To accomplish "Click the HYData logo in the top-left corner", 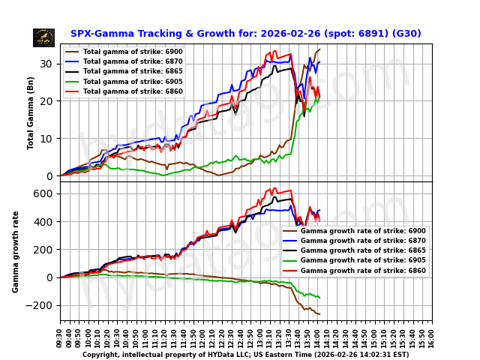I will [43, 37].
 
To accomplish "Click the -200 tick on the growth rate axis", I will [43, 305].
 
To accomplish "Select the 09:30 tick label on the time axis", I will [61, 335].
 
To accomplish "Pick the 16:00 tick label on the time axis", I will [432, 335].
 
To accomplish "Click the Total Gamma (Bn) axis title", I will [31, 112].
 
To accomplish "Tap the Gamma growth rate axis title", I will [16, 251].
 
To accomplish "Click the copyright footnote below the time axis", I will [245, 355].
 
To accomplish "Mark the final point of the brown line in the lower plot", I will [319, 314].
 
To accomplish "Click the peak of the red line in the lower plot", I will [275, 188].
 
